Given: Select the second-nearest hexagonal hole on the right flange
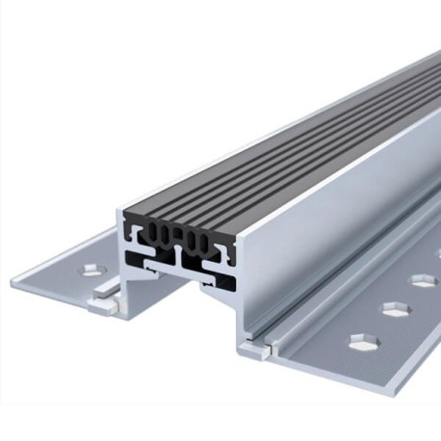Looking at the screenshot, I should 390,310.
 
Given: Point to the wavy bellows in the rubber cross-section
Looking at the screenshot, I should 178,237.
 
